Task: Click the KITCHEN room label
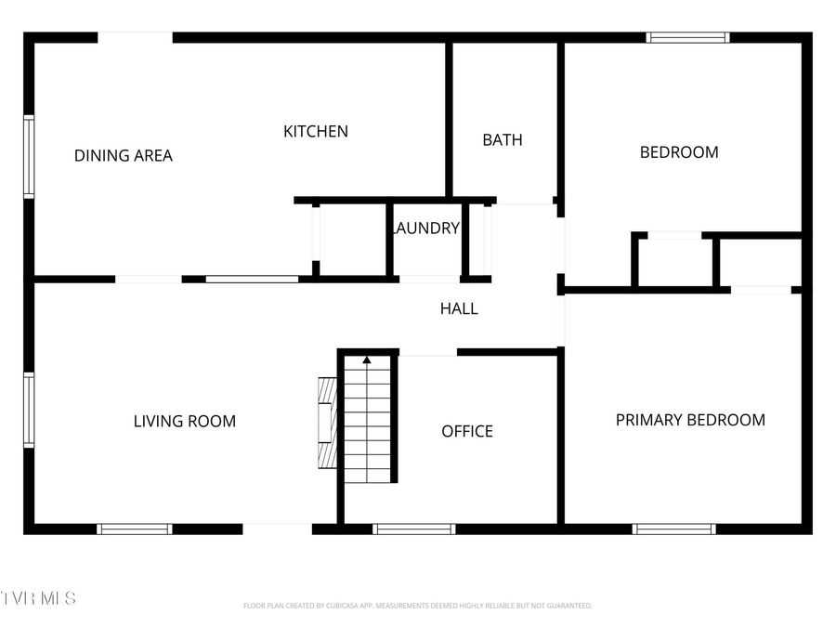(x=316, y=132)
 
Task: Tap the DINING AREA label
(x=124, y=156)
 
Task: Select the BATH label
(x=503, y=140)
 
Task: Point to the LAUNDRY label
(x=426, y=229)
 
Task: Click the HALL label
(x=459, y=308)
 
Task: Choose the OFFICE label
(x=467, y=431)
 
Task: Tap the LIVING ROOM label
(x=185, y=422)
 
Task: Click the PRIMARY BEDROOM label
(x=690, y=420)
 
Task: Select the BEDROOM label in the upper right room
(x=679, y=152)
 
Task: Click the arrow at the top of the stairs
(x=367, y=359)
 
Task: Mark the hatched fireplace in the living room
(x=326, y=424)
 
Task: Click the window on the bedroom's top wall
(x=687, y=38)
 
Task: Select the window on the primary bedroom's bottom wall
(x=673, y=529)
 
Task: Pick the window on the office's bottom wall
(x=413, y=529)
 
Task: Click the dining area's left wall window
(x=29, y=156)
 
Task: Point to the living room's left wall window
(x=29, y=411)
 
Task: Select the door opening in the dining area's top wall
(x=135, y=38)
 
